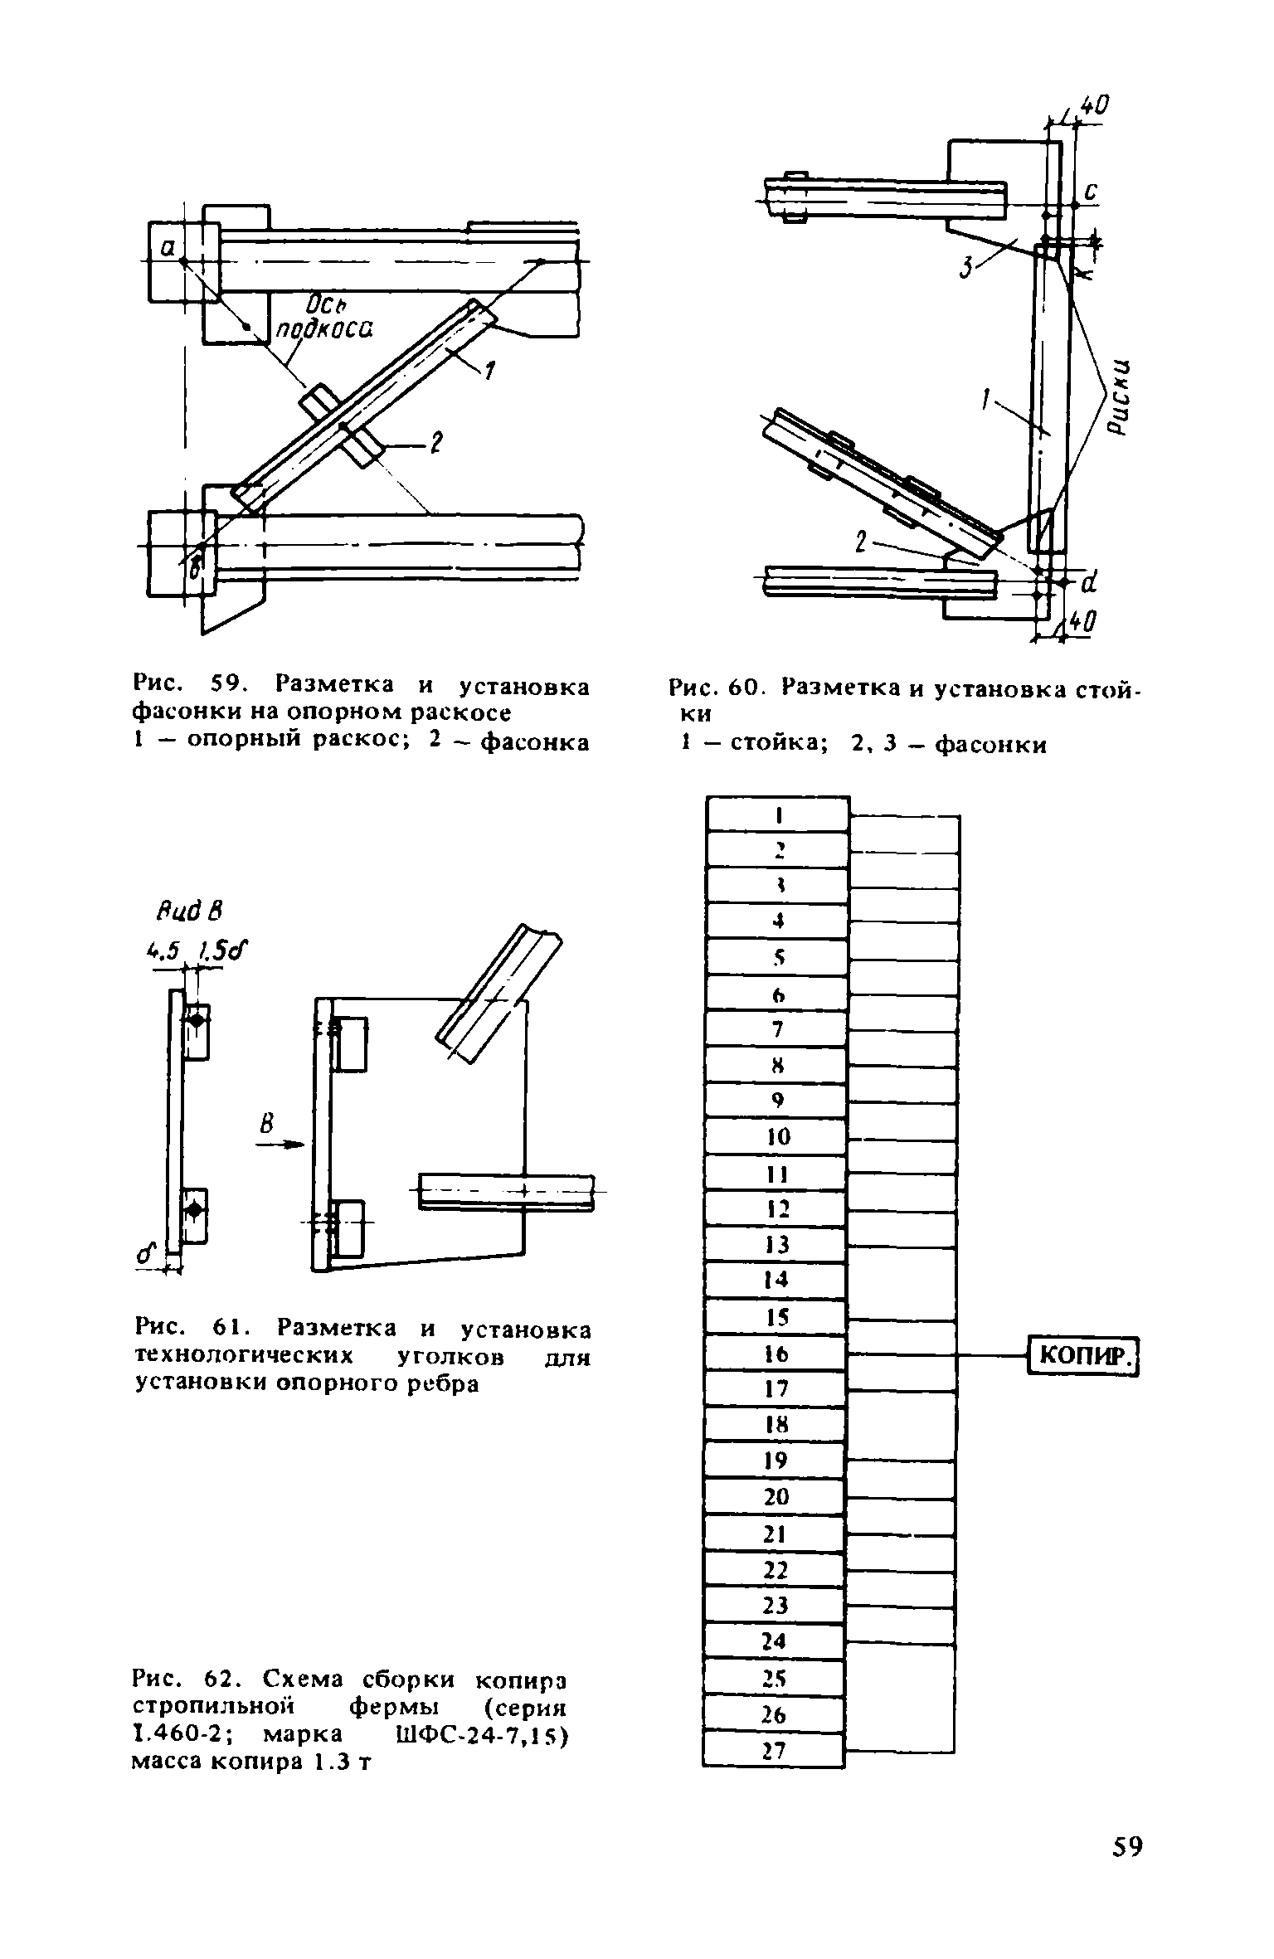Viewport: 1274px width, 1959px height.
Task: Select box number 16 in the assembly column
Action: (x=776, y=1354)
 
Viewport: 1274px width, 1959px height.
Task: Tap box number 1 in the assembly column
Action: (x=779, y=815)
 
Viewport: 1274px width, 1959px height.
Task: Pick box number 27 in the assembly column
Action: (x=774, y=1750)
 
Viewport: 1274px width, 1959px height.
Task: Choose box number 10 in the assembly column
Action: (x=778, y=1136)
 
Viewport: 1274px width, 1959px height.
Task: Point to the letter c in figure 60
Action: (x=1092, y=192)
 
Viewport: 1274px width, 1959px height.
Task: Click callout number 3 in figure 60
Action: (x=966, y=268)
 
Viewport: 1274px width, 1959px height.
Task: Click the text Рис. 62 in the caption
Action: (x=191, y=1679)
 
